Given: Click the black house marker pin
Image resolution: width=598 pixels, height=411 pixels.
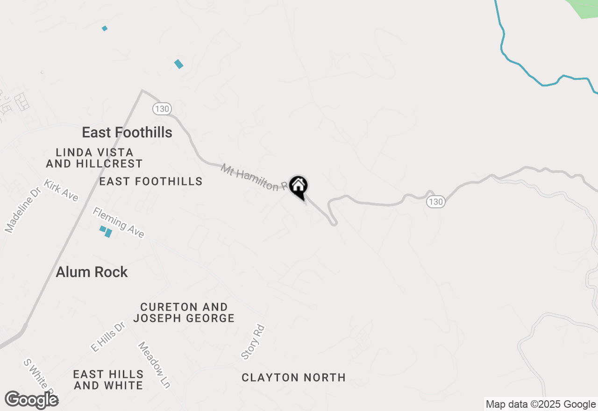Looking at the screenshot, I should coord(298,187).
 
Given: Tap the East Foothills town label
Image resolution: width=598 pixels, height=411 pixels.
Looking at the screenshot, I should coord(127,133).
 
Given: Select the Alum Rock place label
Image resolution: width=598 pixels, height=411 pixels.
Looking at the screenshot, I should coord(92,272).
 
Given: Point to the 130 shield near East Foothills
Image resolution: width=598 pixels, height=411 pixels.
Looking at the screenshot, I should coord(161,109).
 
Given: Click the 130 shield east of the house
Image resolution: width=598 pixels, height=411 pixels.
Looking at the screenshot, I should coord(435,202).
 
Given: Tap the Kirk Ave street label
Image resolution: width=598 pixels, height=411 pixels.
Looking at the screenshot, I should coord(61,190).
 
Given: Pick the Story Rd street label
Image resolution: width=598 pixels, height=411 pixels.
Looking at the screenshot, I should coord(253,342).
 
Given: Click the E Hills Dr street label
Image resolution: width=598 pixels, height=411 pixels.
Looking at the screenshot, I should coord(108,336).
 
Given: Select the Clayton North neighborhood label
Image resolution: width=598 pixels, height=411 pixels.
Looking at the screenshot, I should coord(293,377).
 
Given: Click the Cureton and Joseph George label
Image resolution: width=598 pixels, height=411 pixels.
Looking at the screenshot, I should coord(184,312).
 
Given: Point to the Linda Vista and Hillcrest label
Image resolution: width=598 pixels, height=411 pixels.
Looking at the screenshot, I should coord(94,158).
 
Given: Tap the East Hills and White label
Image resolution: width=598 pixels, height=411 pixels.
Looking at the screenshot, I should coord(108,380).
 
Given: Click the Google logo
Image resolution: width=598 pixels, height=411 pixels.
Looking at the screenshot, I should coord(31,400).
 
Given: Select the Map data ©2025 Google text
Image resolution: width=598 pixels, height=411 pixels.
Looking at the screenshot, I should coord(541,404).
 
